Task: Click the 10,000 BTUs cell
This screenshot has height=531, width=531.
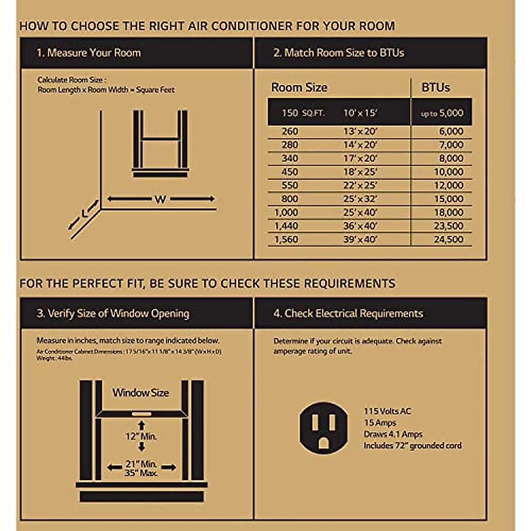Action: click(448, 172)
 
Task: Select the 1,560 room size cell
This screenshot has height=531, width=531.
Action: click(286, 239)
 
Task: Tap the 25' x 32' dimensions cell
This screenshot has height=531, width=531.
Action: click(360, 199)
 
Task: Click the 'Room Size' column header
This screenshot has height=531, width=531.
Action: click(299, 88)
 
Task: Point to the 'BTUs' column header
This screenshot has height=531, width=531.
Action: click(435, 88)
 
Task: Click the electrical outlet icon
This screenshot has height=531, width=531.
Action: click(323, 427)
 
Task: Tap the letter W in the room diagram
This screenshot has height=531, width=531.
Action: click(160, 200)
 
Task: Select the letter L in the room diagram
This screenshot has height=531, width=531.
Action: click(85, 214)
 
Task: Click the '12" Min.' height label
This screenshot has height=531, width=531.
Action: click(141, 436)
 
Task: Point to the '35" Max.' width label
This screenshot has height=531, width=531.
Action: click(141, 473)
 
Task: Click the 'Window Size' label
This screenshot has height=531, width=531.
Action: click(141, 393)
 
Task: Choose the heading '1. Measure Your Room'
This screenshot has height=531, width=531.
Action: click(88, 53)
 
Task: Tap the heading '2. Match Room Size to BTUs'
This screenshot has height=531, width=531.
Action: click(339, 53)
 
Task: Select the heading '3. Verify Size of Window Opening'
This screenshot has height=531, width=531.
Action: click(113, 313)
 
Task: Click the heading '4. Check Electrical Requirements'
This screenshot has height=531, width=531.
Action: click(348, 313)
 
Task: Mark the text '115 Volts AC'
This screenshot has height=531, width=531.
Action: click(387, 411)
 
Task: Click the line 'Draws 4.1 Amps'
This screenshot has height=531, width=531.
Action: click(393, 434)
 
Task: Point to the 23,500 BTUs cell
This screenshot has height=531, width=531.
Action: click(448, 226)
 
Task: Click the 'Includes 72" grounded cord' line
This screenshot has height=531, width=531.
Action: click(412, 446)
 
